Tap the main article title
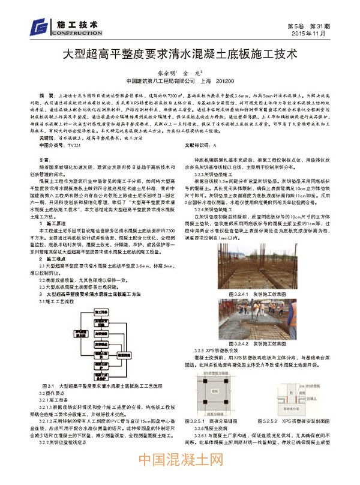click(180, 54)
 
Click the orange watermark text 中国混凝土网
click(179, 468)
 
